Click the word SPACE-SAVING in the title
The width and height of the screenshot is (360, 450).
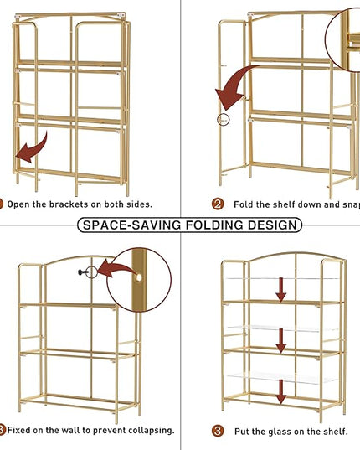131,225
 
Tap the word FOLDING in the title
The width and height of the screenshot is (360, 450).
214,225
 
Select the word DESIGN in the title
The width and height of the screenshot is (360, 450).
272,225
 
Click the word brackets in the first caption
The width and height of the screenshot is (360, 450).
69,204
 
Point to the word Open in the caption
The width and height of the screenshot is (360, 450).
18,204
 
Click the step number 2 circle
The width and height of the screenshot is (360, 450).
218,204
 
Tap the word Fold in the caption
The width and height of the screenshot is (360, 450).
244,204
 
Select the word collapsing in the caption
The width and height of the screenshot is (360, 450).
151,431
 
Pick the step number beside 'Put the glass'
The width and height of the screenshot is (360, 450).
218,431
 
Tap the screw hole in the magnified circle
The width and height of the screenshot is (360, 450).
139,277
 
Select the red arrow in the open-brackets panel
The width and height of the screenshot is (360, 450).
32,148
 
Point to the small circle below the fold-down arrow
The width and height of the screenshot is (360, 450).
224,120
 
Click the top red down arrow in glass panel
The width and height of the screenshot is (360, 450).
281,290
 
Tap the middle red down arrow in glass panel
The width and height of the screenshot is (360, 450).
281,341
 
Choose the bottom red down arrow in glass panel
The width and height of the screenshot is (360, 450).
281,391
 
